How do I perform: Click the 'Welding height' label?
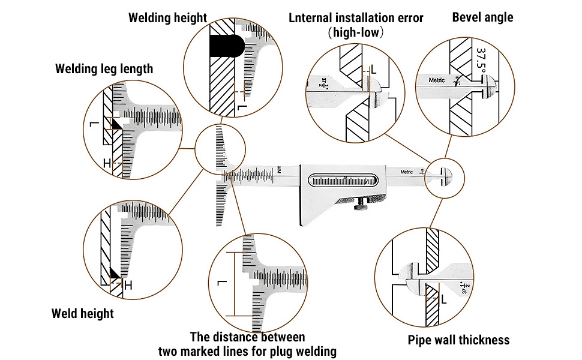[167, 18]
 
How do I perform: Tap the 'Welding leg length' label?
[104, 69]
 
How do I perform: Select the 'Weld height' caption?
[82, 313]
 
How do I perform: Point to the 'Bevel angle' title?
[482, 17]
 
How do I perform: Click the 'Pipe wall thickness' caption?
[458, 340]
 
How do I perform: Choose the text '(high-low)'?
[356, 32]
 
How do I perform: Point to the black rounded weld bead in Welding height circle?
[227, 45]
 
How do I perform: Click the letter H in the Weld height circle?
[127, 286]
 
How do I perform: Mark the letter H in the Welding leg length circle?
[106, 163]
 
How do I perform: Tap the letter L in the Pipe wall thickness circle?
[443, 299]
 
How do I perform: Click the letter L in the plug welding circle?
[221, 283]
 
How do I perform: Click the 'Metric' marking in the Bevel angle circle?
[437, 80]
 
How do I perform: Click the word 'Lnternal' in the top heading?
[314, 18]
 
